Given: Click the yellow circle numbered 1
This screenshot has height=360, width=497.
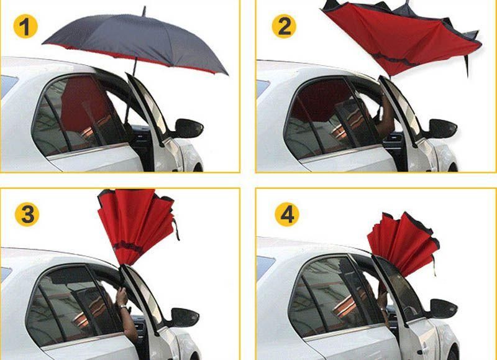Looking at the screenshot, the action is coord(25,26).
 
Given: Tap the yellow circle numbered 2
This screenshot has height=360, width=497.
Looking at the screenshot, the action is coord(284,26).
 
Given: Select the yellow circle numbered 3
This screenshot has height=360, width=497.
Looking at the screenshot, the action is coord(27,215).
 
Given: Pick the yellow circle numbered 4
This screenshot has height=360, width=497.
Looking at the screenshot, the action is coord(287,215).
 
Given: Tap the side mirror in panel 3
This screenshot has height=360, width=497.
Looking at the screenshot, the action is coord(184,318).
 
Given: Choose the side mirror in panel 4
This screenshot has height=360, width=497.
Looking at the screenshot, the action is coord(442,308).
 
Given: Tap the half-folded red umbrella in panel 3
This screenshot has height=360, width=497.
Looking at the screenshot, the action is coord(137,226).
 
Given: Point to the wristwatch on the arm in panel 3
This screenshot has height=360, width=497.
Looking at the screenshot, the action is coord(122,307).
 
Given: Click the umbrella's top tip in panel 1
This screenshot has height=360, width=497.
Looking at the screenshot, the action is coord(144,11).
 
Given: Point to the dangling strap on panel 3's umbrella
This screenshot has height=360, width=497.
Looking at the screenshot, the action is coord(176,229).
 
